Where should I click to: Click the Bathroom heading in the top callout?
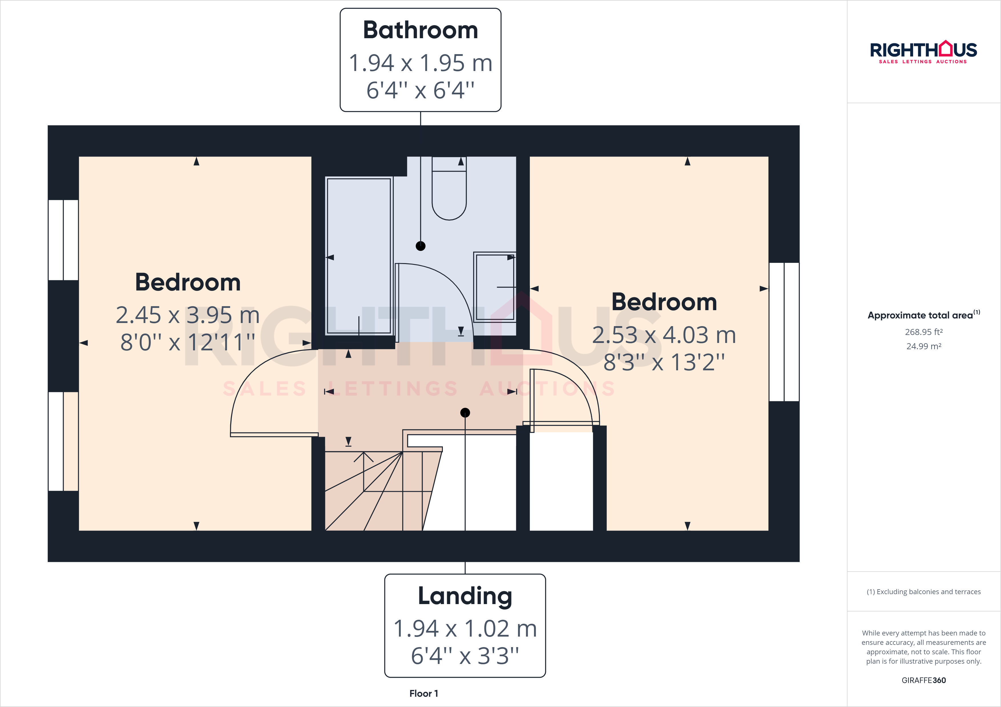(x=420, y=31)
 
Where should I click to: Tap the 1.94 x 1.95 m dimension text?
(x=420, y=63)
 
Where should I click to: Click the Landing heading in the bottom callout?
(x=465, y=596)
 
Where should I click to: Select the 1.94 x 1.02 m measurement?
(x=465, y=629)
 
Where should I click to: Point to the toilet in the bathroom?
(x=449, y=192)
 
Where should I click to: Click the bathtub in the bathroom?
(x=359, y=256)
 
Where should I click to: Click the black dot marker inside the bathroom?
(x=420, y=246)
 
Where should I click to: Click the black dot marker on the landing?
(x=465, y=413)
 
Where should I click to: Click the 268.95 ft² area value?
(x=923, y=332)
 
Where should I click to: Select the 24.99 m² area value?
(x=923, y=346)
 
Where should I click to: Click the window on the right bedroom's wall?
(x=784, y=332)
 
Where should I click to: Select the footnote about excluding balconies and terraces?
(x=923, y=592)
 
